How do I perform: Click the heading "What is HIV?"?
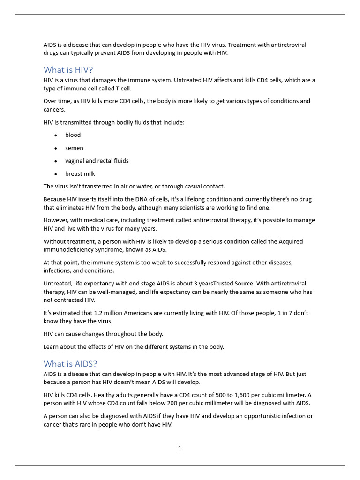68,70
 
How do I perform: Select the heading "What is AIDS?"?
70,364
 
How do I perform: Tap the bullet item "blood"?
73,135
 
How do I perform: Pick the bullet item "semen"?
74,148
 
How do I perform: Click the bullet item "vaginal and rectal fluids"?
97,161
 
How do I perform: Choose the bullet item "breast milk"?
80,174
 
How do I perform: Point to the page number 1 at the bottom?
180,448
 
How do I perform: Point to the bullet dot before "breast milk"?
55,174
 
